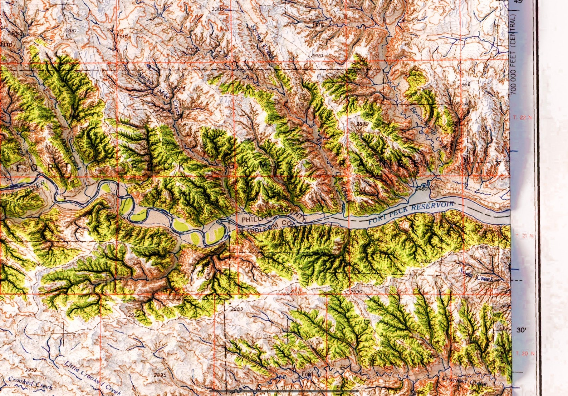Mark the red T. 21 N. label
click(x=524, y=236)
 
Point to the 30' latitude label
click(x=521, y=330)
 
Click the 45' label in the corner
click(x=518, y=2)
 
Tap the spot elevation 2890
click(x=317, y=56)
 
